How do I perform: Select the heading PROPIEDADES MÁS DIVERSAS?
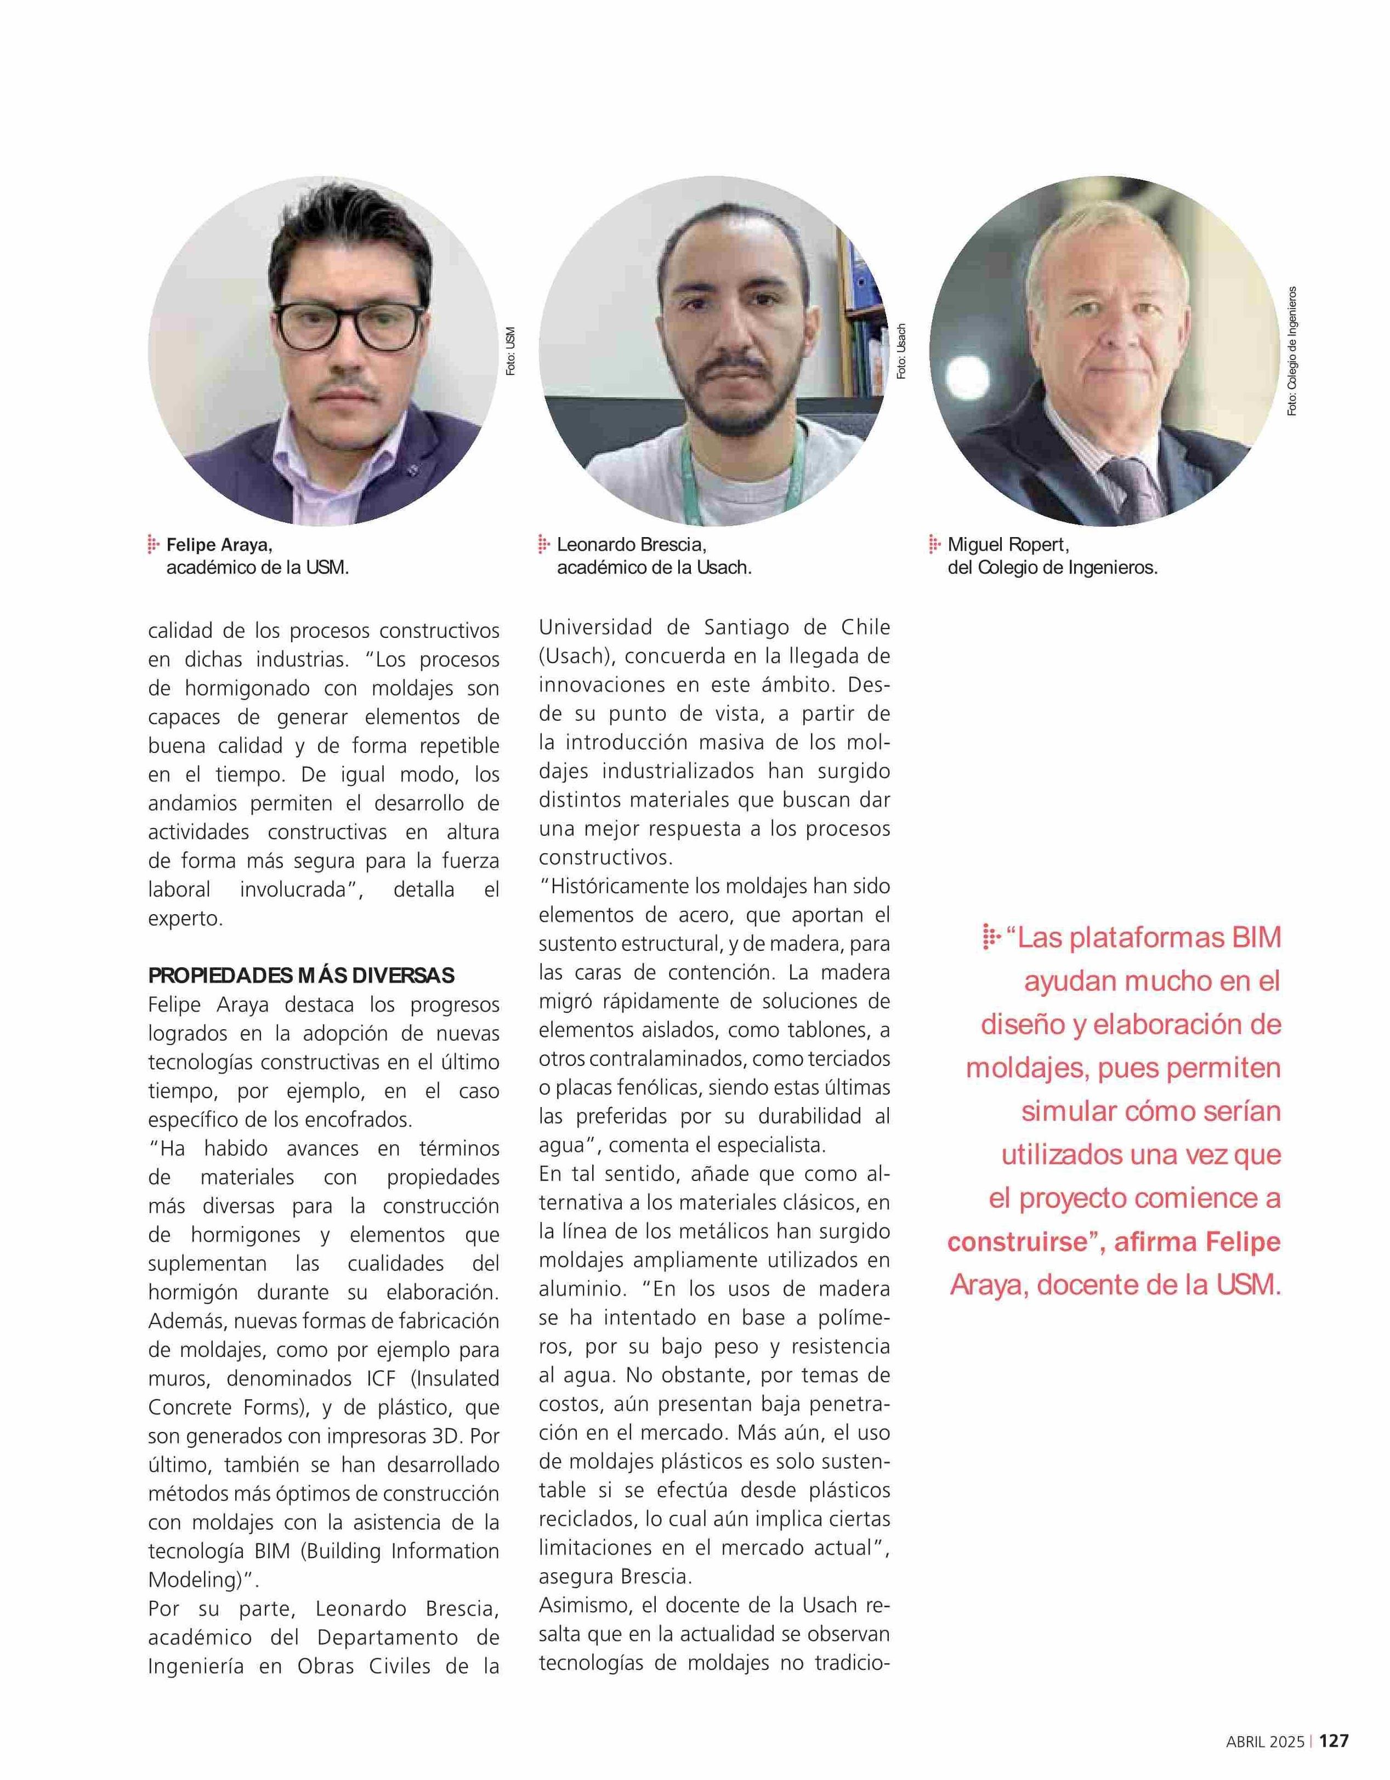click(301, 975)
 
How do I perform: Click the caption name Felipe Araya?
click(219, 544)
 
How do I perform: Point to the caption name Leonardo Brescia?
click(631, 544)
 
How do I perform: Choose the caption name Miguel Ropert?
click(1008, 544)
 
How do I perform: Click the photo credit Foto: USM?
click(510, 351)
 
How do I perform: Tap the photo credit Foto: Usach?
click(901, 351)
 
